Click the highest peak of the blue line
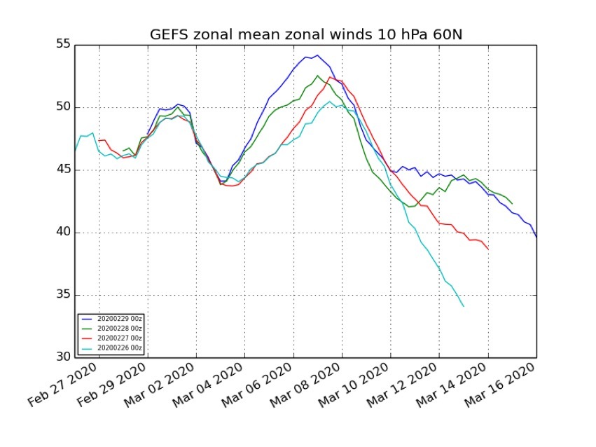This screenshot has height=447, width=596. (317, 55)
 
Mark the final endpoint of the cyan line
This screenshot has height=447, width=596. (464, 306)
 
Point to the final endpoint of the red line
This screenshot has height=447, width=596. (488, 249)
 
